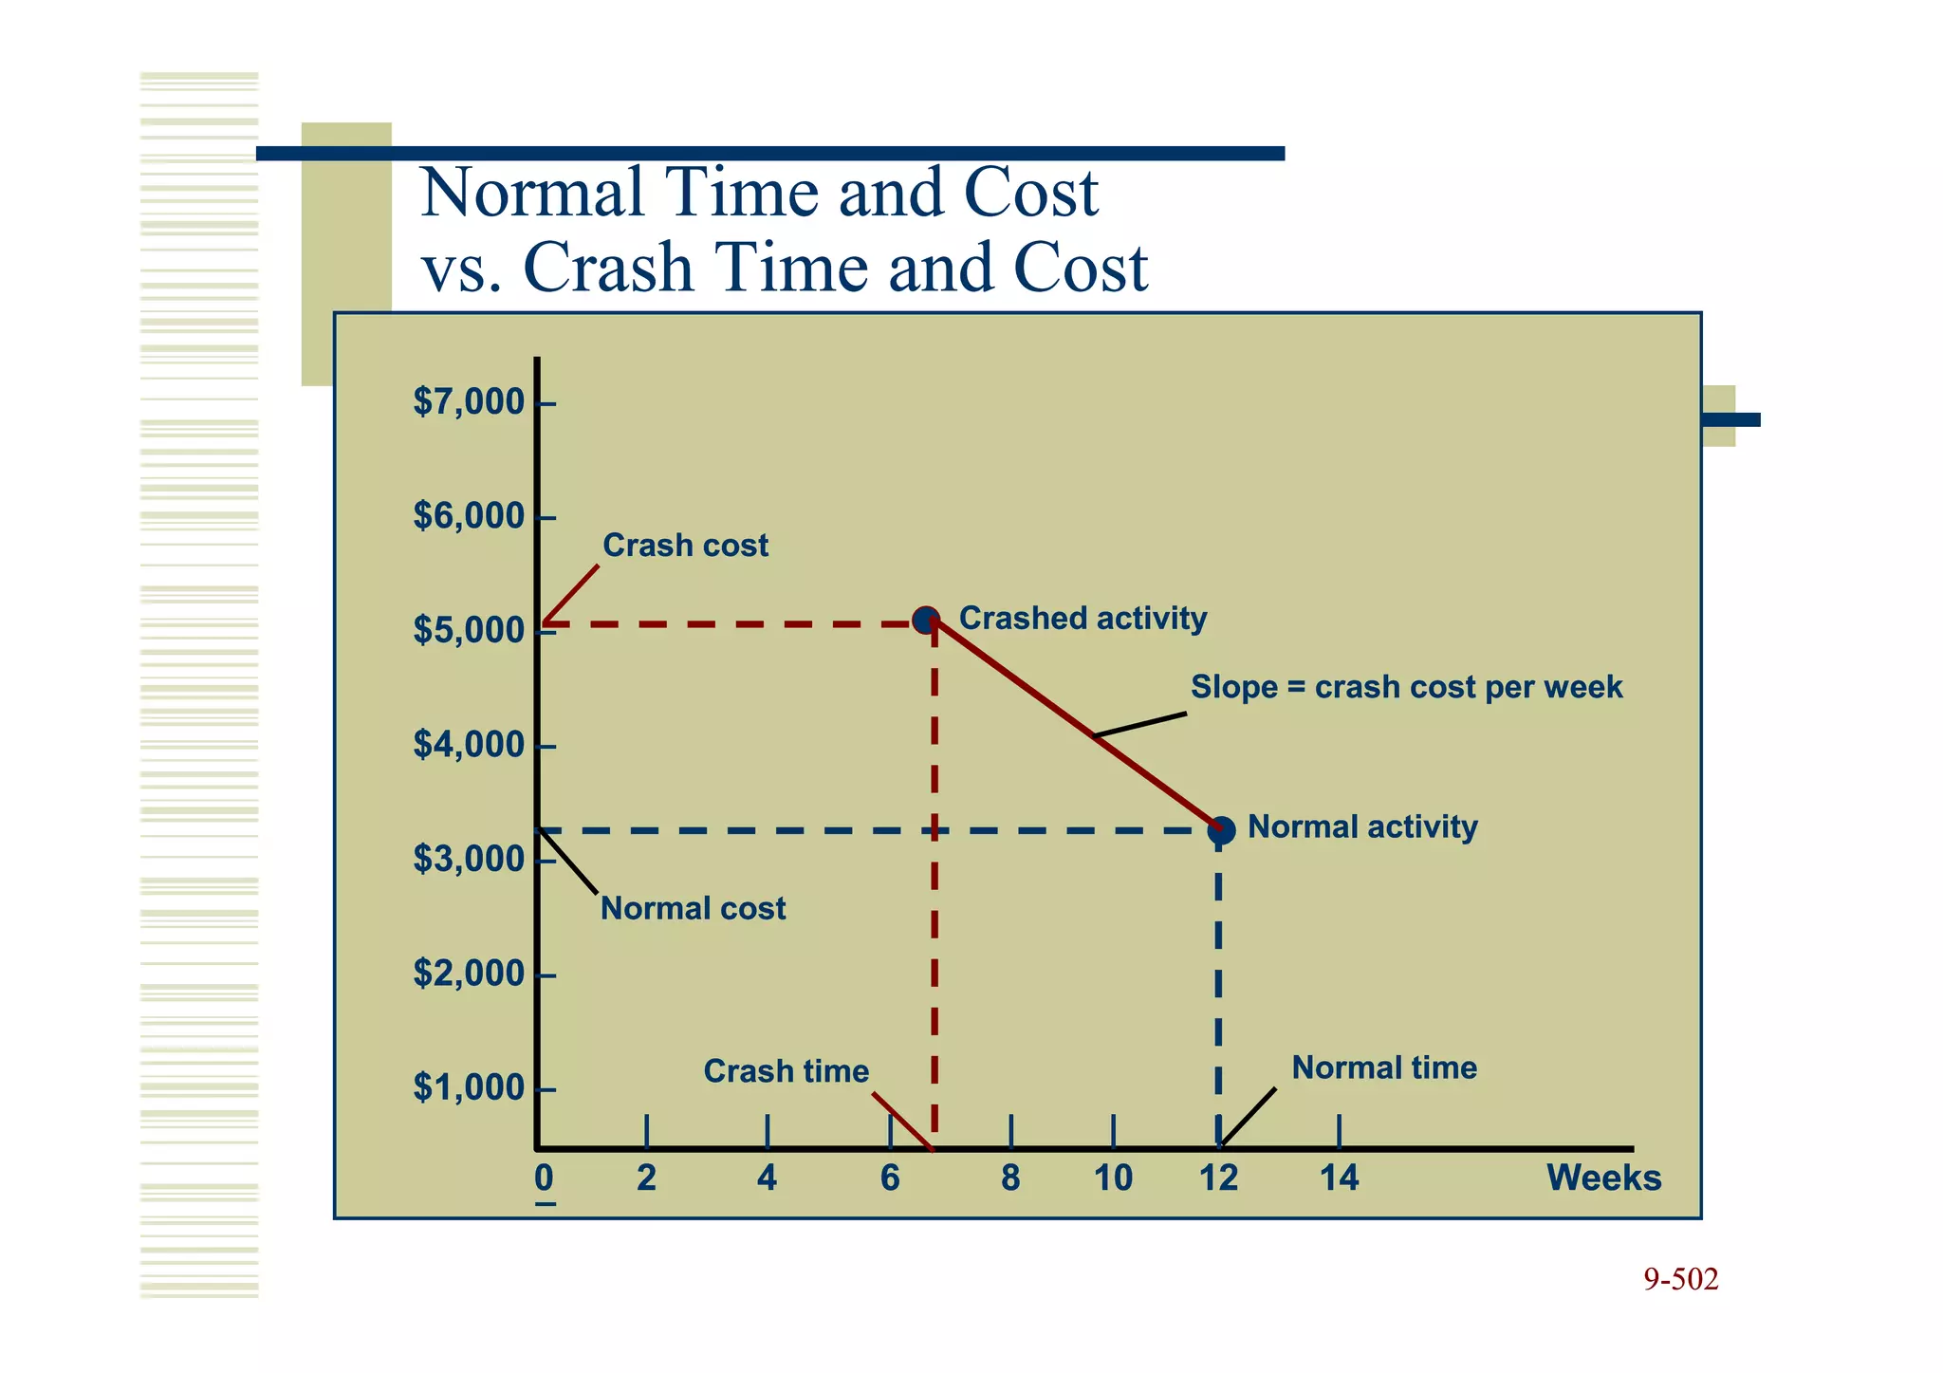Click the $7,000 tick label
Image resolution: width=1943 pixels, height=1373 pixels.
(469, 402)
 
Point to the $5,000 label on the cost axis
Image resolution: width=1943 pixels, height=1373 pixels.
(469, 630)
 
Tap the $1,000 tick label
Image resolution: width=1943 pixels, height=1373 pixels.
(469, 1087)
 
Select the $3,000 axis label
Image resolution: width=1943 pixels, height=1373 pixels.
(469, 859)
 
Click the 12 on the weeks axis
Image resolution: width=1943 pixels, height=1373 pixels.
(1219, 1178)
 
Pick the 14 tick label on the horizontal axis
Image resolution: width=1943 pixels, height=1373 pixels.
(1339, 1178)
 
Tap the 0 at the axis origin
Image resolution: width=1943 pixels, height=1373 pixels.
(544, 1178)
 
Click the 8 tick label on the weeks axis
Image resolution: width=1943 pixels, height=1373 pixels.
(1010, 1178)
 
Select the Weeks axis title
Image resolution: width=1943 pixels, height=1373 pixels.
(1603, 1178)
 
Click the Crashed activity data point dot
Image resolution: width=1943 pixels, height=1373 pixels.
(926, 621)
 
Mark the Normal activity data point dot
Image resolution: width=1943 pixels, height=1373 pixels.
(1222, 830)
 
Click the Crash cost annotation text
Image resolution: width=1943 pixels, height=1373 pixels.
(685, 546)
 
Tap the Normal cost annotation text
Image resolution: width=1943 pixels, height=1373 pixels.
(693, 909)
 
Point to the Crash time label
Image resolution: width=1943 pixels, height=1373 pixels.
(786, 1071)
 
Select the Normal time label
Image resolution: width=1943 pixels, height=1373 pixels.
(1384, 1068)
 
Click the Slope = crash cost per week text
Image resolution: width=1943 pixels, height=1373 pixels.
(1406, 687)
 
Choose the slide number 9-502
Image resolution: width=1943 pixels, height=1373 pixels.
(1680, 1280)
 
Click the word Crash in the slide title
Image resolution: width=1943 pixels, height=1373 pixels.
(607, 268)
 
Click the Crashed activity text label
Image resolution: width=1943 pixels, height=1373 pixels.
(1083, 619)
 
